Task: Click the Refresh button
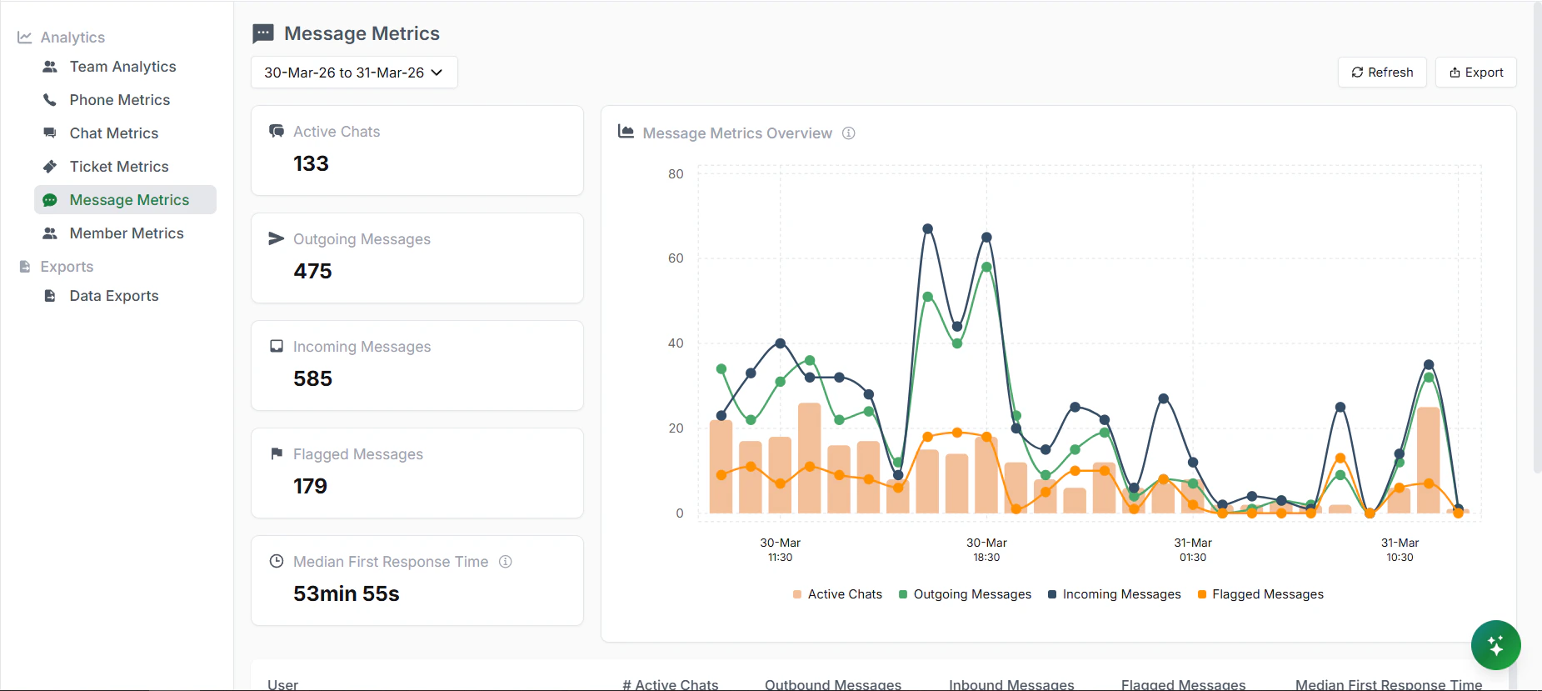(1382, 73)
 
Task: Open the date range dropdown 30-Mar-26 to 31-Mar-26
(354, 73)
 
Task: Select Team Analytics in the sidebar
(122, 67)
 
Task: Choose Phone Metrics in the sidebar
(119, 100)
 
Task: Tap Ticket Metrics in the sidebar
(118, 167)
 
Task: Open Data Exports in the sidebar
(113, 296)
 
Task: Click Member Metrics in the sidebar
(126, 233)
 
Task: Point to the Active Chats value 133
(311, 163)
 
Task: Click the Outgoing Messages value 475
(312, 271)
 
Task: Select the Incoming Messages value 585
(312, 378)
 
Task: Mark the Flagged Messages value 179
(310, 486)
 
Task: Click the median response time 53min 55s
(346, 593)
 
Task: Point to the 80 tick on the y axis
(676, 174)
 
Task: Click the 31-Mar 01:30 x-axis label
(1193, 549)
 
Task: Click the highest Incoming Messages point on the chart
(927, 228)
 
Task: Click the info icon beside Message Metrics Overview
(849, 133)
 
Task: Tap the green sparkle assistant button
(1495, 645)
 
